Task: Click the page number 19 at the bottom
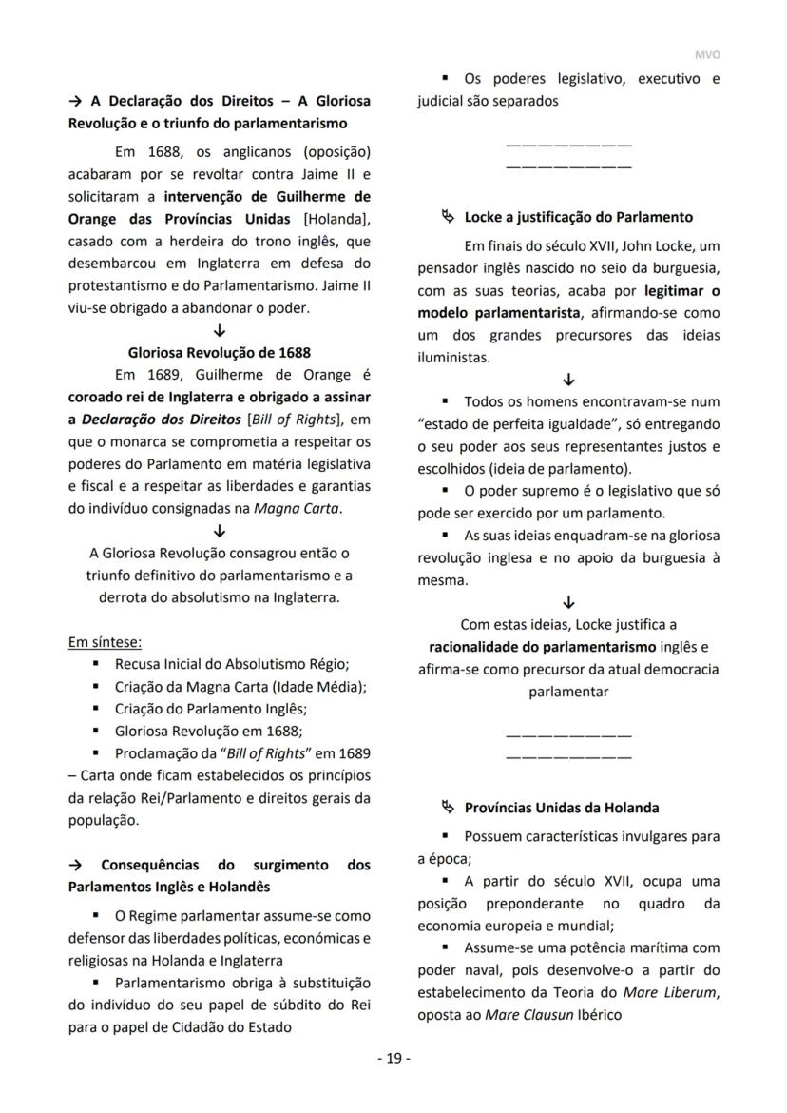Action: click(x=393, y=1058)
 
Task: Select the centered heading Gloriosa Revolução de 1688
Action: click(x=220, y=352)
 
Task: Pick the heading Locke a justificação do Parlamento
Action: click(x=578, y=217)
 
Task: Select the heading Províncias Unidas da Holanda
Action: click(x=561, y=808)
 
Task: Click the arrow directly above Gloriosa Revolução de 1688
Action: click(x=220, y=331)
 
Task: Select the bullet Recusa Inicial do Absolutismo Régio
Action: click(x=232, y=663)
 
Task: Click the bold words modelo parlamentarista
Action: click(x=497, y=313)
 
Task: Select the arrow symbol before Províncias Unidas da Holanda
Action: click(x=449, y=808)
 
